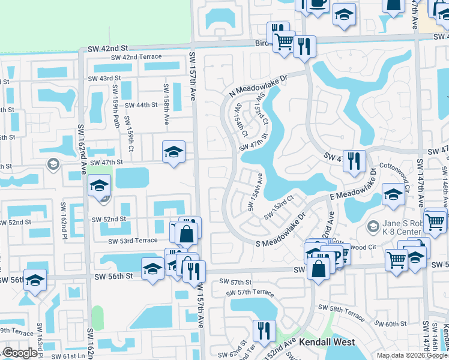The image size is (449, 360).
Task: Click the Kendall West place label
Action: pyautogui.click(x=327, y=342)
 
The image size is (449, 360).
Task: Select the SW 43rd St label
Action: pyautogui.click(x=104, y=78)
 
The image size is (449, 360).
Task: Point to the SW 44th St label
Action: pyautogui.click(x=141, y=105)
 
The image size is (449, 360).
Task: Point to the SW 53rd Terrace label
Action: pyautogui.click(x=133, y=241)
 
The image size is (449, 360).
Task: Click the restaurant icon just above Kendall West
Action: pyautogui.click(x=264, y=329)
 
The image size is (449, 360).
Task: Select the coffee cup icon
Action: pyautogui.click(x=316, y=3)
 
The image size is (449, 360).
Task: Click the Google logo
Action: pyautogui.click(x=20, y=353)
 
